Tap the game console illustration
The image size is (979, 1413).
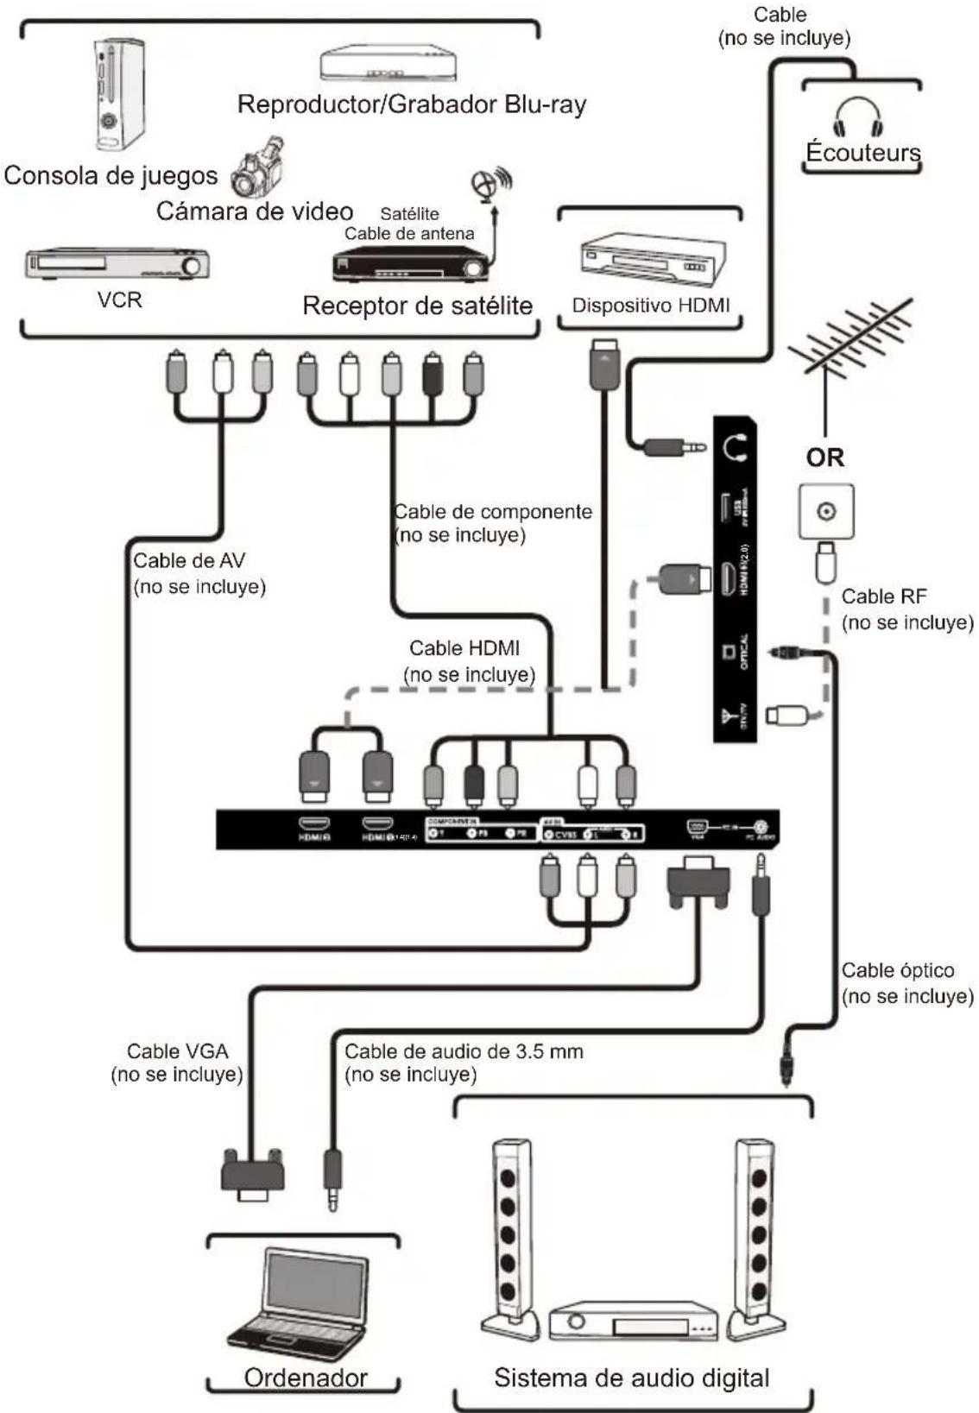pyautogui.click(x=117, y=95)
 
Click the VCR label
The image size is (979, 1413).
pyautogui.click(x=119, y=300)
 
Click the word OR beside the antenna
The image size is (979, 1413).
pyautogui.click(x=824, y=457)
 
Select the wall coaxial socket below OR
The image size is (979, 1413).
pyautogui.click(x=826, y=512)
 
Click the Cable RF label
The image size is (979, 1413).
pyautogui.click(x=906, y=609)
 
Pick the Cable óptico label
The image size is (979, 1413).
pyautogui.click(x=906, y=983)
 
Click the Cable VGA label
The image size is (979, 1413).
pyautogui.click(x=177, y=1063)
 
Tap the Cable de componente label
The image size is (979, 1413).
pyautogui.click(x=493, y=523)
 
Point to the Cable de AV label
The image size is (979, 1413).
pyautogui.click(x=199, y=573)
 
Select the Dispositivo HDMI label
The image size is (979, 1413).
pyautogui.click(x=650, y=306)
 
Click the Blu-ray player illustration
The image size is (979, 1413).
pyautogui.click(x=388, y=64)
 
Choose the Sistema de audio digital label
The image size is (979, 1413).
pyautogui.click(x=631, y=1378)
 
